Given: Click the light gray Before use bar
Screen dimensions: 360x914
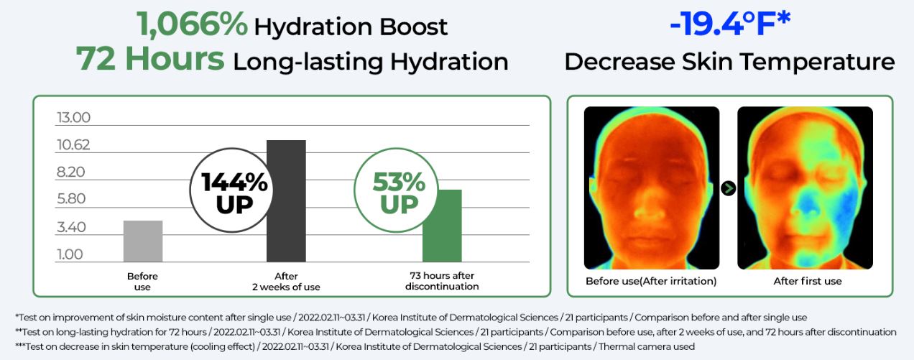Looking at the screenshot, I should (143, 241).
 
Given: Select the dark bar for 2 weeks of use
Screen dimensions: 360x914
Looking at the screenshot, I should (286, 201).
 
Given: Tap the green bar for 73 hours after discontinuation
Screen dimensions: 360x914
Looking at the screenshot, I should (441, 226).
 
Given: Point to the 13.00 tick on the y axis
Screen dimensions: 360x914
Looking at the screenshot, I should (73, 118).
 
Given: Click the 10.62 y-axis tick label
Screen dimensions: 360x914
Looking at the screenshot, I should (73, 145).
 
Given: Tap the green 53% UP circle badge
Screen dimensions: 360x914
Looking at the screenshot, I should (398, 192).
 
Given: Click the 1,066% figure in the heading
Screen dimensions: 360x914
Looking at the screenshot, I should (192, 26).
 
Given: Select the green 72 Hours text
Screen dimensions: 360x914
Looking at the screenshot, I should (150, 60).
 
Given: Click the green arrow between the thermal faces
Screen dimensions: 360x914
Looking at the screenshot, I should (729, 188).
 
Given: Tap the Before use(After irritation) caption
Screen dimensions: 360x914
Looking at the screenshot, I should (651, 281).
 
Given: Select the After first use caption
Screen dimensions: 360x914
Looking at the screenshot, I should (807, 281).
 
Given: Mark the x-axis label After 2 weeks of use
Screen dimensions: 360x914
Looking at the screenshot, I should (286, 282).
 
